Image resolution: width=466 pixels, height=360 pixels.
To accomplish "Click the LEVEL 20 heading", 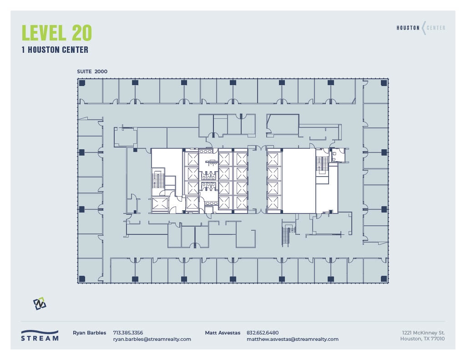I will click(x=57, y=33).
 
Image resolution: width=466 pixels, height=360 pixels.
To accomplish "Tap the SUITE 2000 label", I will click(x=92, y=71).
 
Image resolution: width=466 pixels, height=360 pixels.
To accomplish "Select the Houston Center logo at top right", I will click(x=421, y=28).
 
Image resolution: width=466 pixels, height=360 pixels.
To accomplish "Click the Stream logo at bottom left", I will click(x=40, y=335).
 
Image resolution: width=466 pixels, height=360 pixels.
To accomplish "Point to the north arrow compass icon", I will click(x=40, y=304).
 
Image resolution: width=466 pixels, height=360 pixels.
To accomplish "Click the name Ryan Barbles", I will click(x=89, y=333).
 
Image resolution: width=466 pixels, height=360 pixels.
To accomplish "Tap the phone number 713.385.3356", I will click(x=128, y=333).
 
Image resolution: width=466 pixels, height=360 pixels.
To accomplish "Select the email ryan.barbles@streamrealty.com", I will click(x=152, y=339).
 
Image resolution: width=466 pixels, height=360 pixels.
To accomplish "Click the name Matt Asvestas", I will click(x=223, y=333).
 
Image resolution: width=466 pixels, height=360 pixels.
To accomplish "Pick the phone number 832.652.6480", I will click(x=263, y=333).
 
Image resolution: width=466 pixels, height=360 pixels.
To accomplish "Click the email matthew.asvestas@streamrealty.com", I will click(x=292, y=339).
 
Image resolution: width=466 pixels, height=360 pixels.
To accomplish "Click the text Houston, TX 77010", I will click(x=422, y=339).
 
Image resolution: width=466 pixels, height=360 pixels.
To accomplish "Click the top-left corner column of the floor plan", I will click(x=82, y=83).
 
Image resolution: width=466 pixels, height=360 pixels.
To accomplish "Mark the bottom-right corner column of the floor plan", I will click(x=384, y=279).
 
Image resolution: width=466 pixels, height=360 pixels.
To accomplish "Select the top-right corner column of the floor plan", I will click(x=384, y=83).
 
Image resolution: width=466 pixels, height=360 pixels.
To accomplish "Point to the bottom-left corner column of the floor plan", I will click(x=82, y=279).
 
